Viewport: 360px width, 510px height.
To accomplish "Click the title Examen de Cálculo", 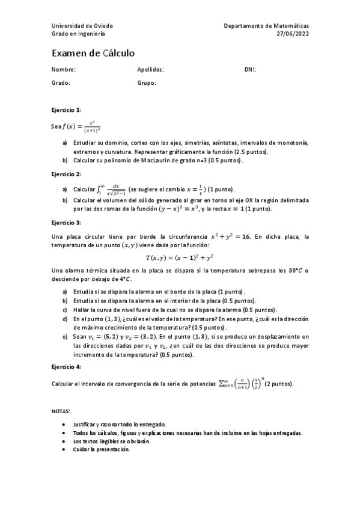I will click(93, 54).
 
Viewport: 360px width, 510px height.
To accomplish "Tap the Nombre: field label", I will click(64, 70).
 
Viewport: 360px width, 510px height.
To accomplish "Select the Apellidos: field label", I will click(151, 70).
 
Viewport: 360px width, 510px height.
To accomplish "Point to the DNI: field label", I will click(250, 70).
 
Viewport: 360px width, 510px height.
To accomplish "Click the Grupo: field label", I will click(147, 83).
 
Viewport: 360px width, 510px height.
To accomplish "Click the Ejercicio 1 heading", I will click(66, 110).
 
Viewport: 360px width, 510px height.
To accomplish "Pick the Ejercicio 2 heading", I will click(66, 174).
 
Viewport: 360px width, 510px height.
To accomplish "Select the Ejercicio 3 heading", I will click(66, 223).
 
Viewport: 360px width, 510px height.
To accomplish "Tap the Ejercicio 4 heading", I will click(66, 366).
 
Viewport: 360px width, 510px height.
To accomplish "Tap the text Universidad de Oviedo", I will click(82, 26).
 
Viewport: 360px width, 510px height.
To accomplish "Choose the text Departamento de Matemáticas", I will click(266, 26).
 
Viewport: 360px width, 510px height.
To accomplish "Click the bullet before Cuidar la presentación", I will click(64, 449).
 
